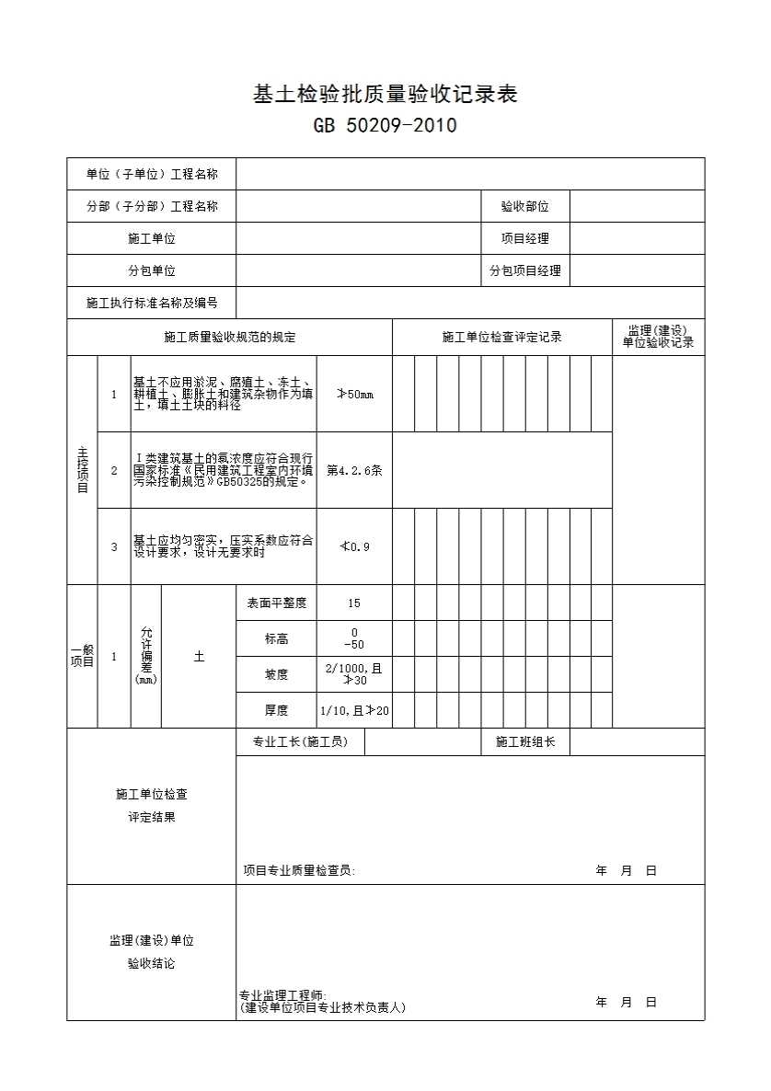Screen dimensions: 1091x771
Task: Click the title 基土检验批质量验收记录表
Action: pyautogui.click(x=385, y=94)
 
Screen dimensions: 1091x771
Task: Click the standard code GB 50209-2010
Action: pyautogui.click(x=385, y=126)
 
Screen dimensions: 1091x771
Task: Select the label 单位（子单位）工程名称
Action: pyautogui.click(x=152, y=174)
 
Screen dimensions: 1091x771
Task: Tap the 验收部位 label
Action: pyautogui.click(x=524, y=207)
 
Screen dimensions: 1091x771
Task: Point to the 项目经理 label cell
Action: pyautogui.click(x=524, y=238)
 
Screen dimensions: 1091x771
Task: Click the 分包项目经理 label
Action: pyautogui.click(x=524, y=270)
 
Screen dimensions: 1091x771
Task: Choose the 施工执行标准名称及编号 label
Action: pyautogui.click(x=152, y=303)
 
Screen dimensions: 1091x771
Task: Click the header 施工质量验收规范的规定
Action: pyautogui.click(x=230, y=338)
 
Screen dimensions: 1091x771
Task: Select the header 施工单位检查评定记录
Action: pyautogui.click(x=501, y=338)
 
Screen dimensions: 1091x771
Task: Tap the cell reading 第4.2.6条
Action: pyautogui.click(x=354, y=470)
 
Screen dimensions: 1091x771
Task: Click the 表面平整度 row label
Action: pyautogui.click(x=276, y=603)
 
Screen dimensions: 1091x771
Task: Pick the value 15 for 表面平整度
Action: pyautogui.click(x=354, y=603)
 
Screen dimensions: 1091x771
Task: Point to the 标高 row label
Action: pyautogui.click(x=276, y=638)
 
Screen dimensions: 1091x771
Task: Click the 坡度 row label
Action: pyautogui.click(x=276, y=674)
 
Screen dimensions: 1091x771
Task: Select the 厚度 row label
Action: pyautogui.click(x=276, y=710)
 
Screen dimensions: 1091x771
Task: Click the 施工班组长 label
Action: pyautogui.click(x=525, y=742)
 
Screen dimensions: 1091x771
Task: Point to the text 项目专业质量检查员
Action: pyautogui.click(x=299, y=870)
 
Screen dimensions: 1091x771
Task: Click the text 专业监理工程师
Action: pyautogui.click(x=276, y=995)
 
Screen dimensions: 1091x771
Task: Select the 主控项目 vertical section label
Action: pyautogui.click(x=82, y=470)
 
